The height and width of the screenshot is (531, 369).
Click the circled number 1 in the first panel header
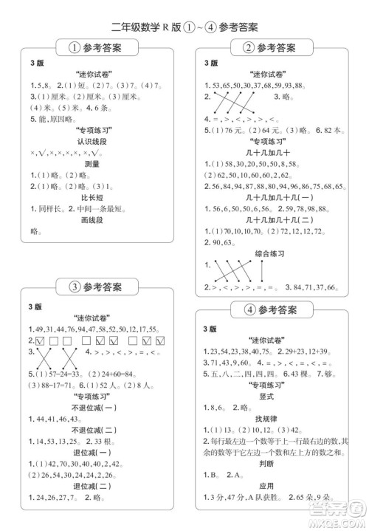[x=74, y=49]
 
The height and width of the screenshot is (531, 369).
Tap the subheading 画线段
[x=94, y=219]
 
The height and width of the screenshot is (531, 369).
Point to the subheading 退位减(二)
[x=94, y=487]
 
